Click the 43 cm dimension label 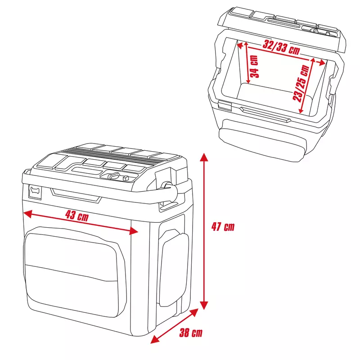77,216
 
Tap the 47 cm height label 223,227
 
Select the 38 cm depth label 191,333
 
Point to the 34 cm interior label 254,67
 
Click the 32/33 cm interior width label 281,47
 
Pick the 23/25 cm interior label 301,83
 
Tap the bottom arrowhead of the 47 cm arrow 204,305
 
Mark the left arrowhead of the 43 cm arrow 27,214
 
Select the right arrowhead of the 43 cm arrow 134,231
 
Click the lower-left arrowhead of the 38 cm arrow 154,340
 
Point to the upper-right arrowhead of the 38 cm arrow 194,312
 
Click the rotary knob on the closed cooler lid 114,176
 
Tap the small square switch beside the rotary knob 126,178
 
